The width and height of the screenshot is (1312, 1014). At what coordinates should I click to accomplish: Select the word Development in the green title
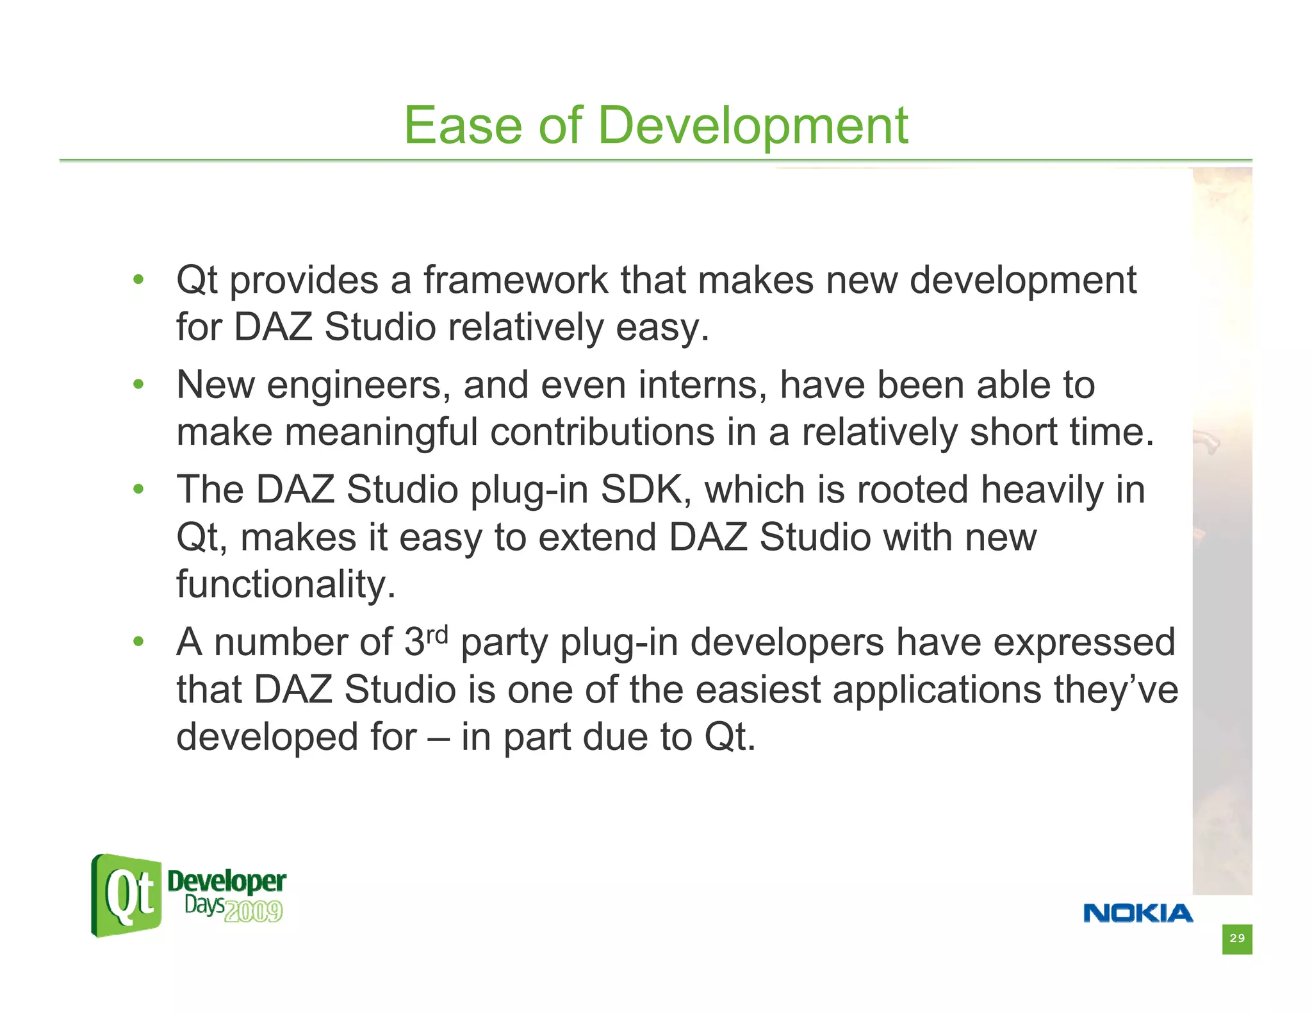point(753,126)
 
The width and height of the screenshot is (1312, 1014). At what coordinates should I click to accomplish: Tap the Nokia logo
point(1138,913)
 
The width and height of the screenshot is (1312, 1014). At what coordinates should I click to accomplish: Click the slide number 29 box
point(1236,939)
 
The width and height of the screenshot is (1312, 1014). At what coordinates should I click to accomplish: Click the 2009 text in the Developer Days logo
point(254,911)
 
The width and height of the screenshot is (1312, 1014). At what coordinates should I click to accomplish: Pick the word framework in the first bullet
point(515,280)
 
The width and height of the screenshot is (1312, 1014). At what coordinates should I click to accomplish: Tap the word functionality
point(286,585)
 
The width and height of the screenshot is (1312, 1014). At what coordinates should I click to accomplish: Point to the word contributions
point(602,432)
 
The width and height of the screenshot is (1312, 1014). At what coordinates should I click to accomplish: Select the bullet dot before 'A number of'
point(138,642)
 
